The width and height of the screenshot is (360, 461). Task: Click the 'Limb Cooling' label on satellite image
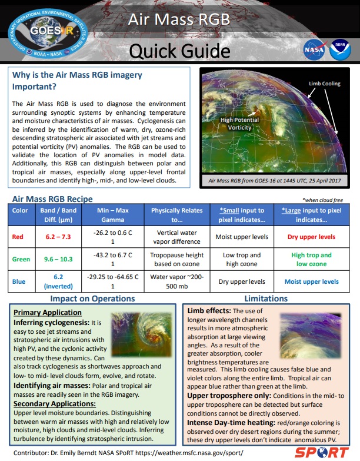coord(325,84)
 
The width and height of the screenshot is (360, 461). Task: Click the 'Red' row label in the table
coord(19,237)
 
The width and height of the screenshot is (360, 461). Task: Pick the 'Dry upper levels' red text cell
coord(311,237)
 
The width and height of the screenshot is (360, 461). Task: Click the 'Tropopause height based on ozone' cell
coord(175,259)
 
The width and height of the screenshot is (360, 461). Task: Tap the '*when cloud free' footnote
coord(322,200)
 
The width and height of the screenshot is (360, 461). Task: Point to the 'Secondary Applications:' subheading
coord(55,404)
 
